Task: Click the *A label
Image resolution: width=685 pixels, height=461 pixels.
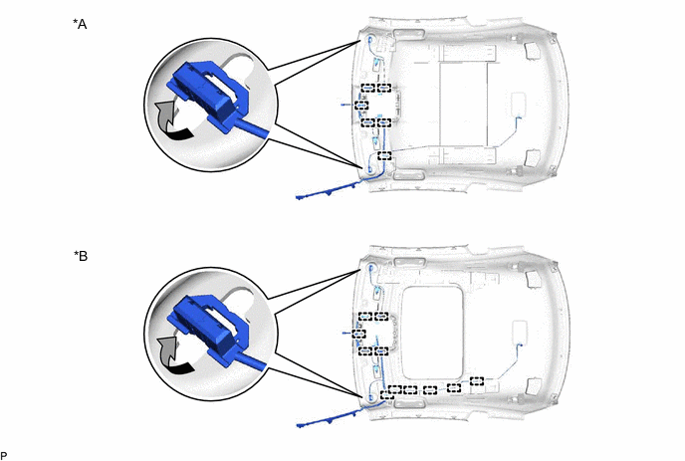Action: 80,24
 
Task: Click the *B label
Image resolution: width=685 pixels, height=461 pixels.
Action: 81,256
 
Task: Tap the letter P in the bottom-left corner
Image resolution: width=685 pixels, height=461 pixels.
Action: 4,456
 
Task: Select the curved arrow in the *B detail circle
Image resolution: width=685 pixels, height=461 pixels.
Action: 174,355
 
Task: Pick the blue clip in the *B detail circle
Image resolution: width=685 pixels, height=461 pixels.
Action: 213,329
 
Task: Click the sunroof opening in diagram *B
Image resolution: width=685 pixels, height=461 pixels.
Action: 432,333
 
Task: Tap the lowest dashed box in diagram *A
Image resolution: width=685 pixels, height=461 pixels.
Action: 384,155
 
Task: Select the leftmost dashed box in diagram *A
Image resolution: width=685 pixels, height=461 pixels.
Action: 361,106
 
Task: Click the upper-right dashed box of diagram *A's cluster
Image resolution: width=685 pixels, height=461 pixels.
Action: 384,89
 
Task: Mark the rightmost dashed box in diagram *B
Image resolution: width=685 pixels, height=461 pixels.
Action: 477,381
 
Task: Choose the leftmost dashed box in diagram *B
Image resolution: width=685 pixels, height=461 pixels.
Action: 358,334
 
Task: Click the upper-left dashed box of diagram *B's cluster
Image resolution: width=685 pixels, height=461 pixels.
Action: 365,317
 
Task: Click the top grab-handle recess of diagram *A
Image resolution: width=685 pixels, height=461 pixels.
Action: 409,35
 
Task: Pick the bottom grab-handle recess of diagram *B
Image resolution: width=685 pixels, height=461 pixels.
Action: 409,403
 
